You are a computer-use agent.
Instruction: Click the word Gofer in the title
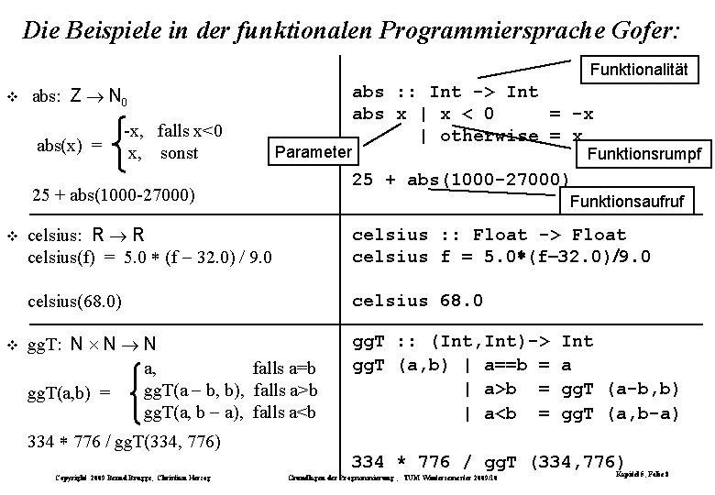(x=645, y=31)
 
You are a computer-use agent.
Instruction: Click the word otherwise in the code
(x=490, y=137)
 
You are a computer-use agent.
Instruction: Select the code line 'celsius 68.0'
(x=419, y=301)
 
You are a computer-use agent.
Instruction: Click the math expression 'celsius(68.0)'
(x=76, y=301)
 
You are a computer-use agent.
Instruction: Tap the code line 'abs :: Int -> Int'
(x=445, y=92)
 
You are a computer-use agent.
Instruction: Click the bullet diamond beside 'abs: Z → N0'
(x=12, y=95)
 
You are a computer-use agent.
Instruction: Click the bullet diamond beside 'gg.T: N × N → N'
(x=12, y=345)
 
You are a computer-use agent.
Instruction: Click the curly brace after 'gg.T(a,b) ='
(x=136, y=392)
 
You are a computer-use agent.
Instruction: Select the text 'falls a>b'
(x=284, y=390)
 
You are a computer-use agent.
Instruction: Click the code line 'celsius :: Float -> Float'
(x=501, y=235)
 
